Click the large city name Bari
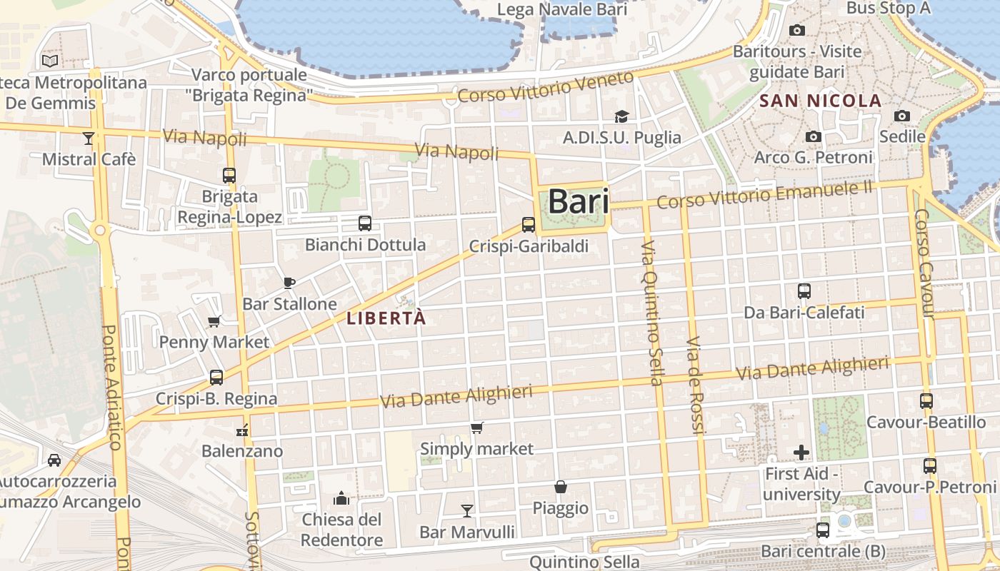[579, 201]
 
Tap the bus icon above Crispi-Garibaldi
[529, 225]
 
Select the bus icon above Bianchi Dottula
[365, 223]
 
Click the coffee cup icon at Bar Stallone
[289, 283]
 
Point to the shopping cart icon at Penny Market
[214, 321]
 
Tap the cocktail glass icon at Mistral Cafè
[89, 138]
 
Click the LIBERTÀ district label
[386, 318]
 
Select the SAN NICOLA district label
[820, 101]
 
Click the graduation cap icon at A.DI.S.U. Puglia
[622, 116]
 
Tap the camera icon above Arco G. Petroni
[813, 136]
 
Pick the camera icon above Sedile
[902, 116]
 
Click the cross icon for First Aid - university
[801, 453]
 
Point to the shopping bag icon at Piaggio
[561, 487]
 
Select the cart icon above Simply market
[476, 428]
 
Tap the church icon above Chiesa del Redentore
[341, 497]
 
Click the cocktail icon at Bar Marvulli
[467, 510]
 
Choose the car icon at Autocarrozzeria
[54, 460]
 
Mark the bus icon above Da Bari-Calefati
[804, 291]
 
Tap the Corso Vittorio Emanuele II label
[764, 194]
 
